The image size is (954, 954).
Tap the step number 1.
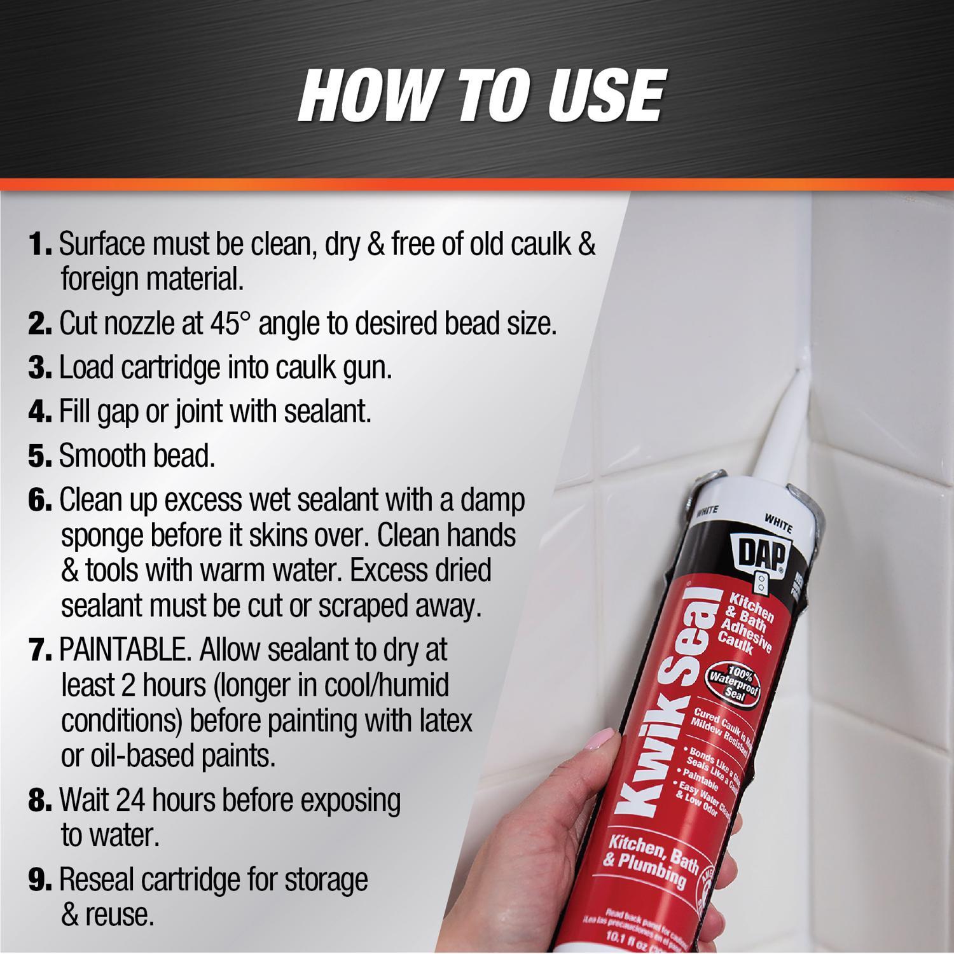coord(39,245)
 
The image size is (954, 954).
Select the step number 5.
coord(39,456)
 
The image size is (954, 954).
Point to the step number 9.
coord(39,881)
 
